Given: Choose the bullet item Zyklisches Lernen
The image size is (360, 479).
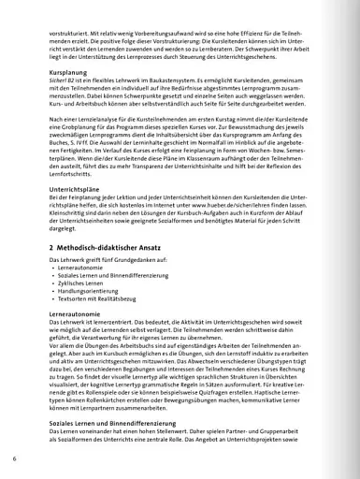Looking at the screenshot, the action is coord(77,282).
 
